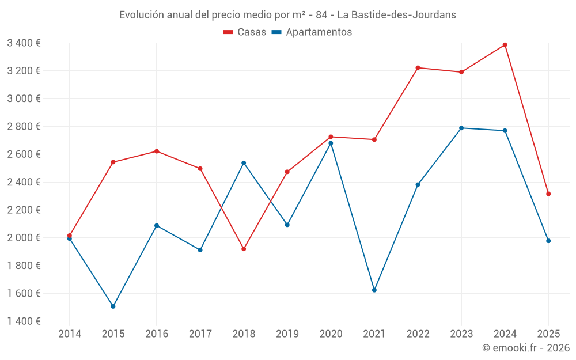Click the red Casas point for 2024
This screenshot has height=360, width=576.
[505, 45]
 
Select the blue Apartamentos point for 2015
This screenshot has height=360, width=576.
[113, 306]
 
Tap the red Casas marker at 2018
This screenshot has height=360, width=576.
[244, 249]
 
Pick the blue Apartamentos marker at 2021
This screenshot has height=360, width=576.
[374, 290]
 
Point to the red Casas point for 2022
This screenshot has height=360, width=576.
[418, 68]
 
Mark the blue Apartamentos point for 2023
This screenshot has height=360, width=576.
[461, 128]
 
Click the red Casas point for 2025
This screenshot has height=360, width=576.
[548, 194]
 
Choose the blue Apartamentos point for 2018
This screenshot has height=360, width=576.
[244, 163]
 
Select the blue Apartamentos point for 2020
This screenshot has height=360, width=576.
[331, 143]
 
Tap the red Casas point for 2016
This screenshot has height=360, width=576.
[157, 151]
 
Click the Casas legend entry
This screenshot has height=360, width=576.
[245, 32]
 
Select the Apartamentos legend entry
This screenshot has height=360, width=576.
[312, 32]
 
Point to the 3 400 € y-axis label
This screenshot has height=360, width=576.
[24, 43]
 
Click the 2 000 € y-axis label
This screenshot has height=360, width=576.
[24, 238]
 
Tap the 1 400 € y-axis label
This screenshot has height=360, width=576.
[24, 321]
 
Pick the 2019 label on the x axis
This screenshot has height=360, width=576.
[287, 334]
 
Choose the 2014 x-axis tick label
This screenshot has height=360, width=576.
[70, 334]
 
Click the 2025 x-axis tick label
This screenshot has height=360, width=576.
[548, 334]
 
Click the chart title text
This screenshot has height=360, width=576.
[287, 15]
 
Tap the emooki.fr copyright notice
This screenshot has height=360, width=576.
[526, 348]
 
